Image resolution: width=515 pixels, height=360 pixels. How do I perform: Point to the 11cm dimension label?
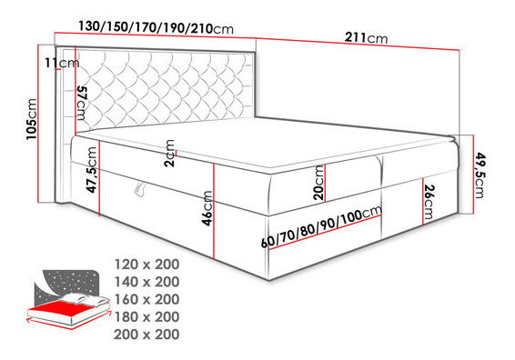[x=61, y=62]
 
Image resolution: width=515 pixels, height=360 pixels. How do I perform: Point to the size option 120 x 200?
[x=147, y=264]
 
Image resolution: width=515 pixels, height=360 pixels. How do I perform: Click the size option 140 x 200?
[x=147, y=281]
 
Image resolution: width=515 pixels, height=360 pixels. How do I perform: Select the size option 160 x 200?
[x=147, y=298]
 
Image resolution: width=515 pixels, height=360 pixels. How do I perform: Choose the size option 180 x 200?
[x=147, y=315]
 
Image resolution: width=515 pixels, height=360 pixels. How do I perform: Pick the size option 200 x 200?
[x=147, y=334]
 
